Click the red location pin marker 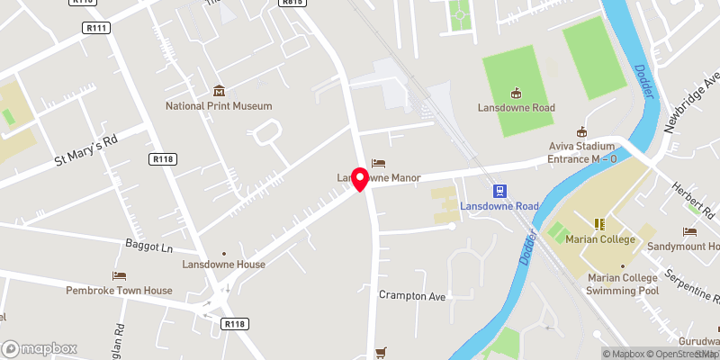coord(360,179)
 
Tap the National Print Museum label coord(219,106)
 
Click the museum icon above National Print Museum coord(219,90)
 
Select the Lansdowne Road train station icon coord(499,191)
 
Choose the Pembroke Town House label coord(119,291)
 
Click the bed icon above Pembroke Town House coord(119,275)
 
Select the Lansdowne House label coord(223,265)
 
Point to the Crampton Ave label coord(412,295)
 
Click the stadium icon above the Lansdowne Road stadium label coord(516,92)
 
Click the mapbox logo coord(40,348)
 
